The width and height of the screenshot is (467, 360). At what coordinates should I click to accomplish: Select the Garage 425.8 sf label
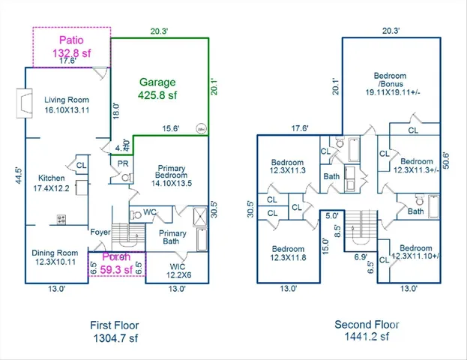(157, 89)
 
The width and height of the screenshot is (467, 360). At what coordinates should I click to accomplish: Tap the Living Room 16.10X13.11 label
(66, 105)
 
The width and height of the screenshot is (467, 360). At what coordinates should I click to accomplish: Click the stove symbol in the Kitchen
(62, 220)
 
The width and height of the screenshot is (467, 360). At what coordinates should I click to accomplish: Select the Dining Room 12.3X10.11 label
(56, 258)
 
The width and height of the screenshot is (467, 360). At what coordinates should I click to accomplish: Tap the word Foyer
(101, 232)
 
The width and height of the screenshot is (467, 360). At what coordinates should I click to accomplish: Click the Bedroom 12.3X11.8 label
(287, 254)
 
